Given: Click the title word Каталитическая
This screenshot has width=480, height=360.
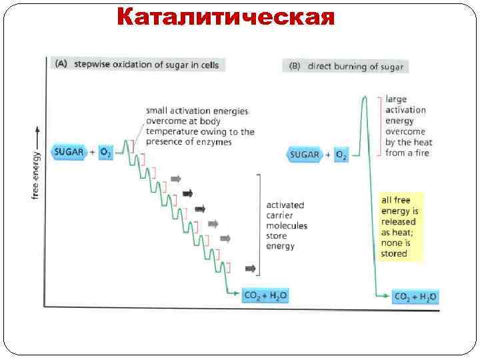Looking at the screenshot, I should [x=225, y=17].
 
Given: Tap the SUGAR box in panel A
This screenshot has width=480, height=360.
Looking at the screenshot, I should [x=68, y=152].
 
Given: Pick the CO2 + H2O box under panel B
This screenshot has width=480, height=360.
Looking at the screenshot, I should [x=416, y=297].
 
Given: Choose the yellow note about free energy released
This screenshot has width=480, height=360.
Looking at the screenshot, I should [x=402, y=226].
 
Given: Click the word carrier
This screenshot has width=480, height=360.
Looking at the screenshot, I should [x=280, y=215].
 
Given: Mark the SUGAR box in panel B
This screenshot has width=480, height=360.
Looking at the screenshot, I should [x=305, y=155].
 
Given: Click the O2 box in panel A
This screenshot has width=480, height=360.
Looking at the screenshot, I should [x=105, y=152].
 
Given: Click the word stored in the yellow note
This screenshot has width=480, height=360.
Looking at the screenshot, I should [x=394, y=253].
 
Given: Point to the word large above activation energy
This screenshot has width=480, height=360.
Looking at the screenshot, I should [x=396, y=99].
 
